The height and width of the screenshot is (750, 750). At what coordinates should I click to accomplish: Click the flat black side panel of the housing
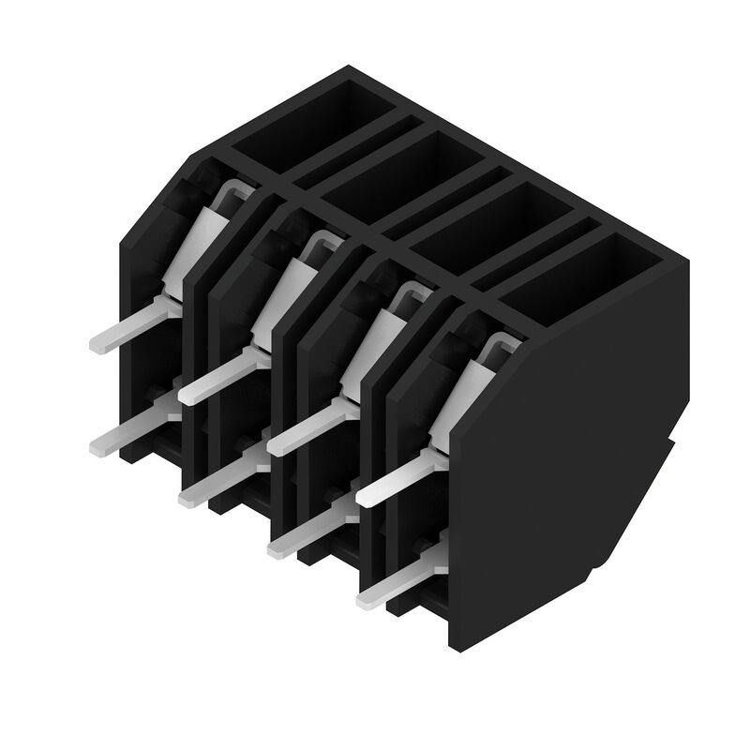(572, 469)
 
